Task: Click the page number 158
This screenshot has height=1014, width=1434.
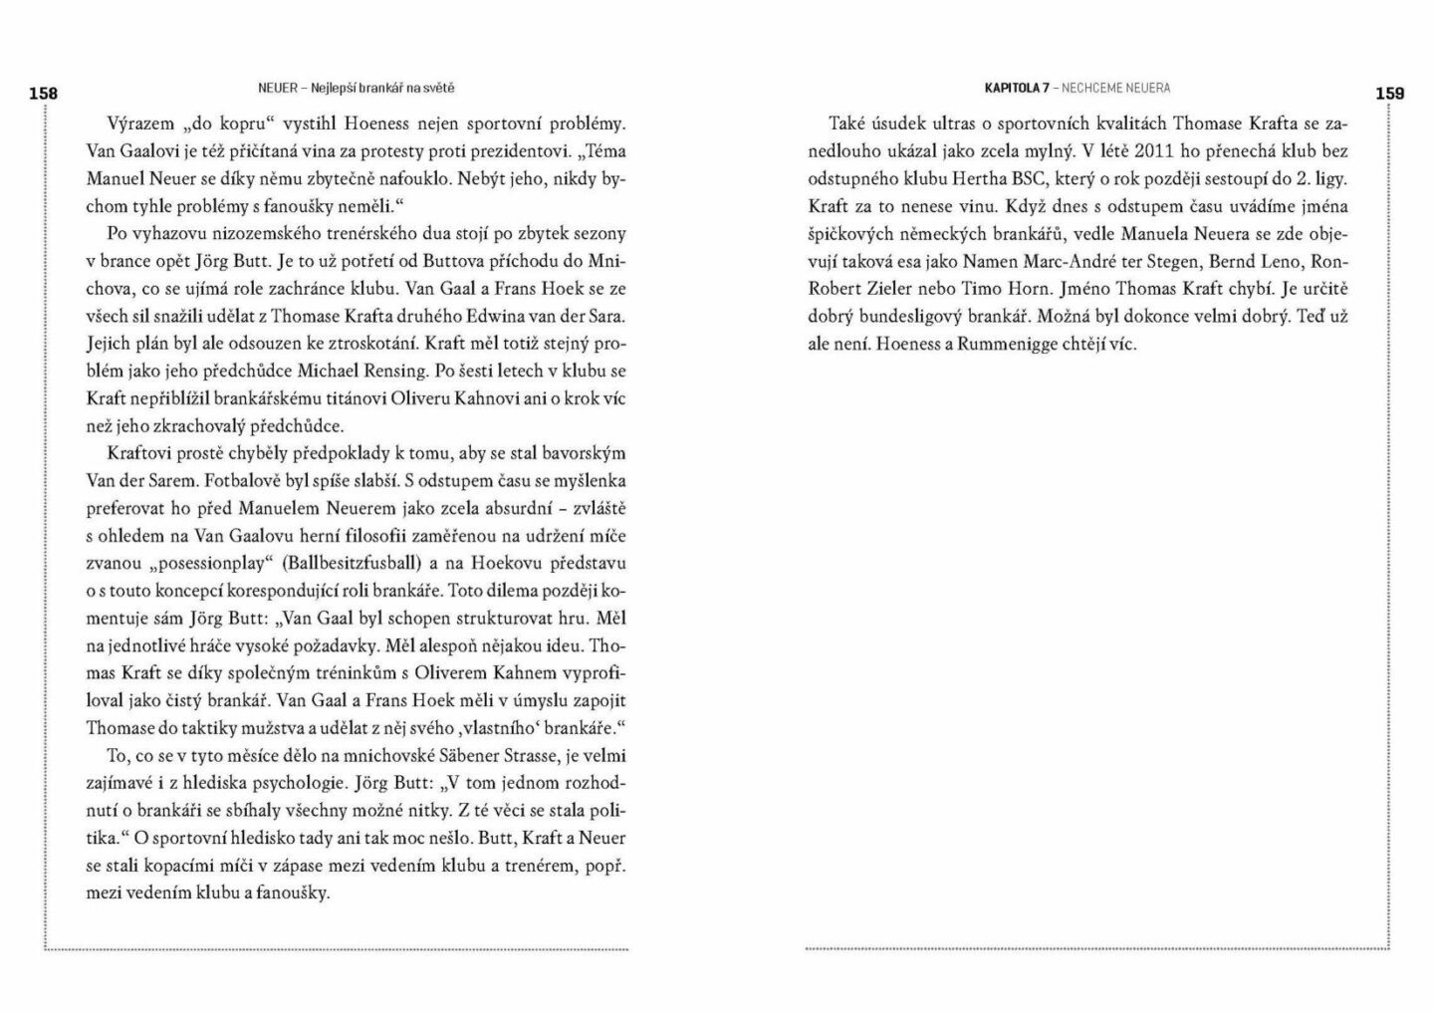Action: (43, 94)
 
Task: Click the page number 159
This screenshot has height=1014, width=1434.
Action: (1389, 94)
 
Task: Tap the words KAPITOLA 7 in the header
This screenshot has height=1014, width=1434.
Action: (1017, 88)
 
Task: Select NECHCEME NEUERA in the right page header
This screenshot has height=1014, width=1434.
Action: (1116, 88)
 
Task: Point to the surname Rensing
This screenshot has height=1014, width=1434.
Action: (393, 371)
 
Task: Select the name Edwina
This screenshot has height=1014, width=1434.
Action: (506, 317)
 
